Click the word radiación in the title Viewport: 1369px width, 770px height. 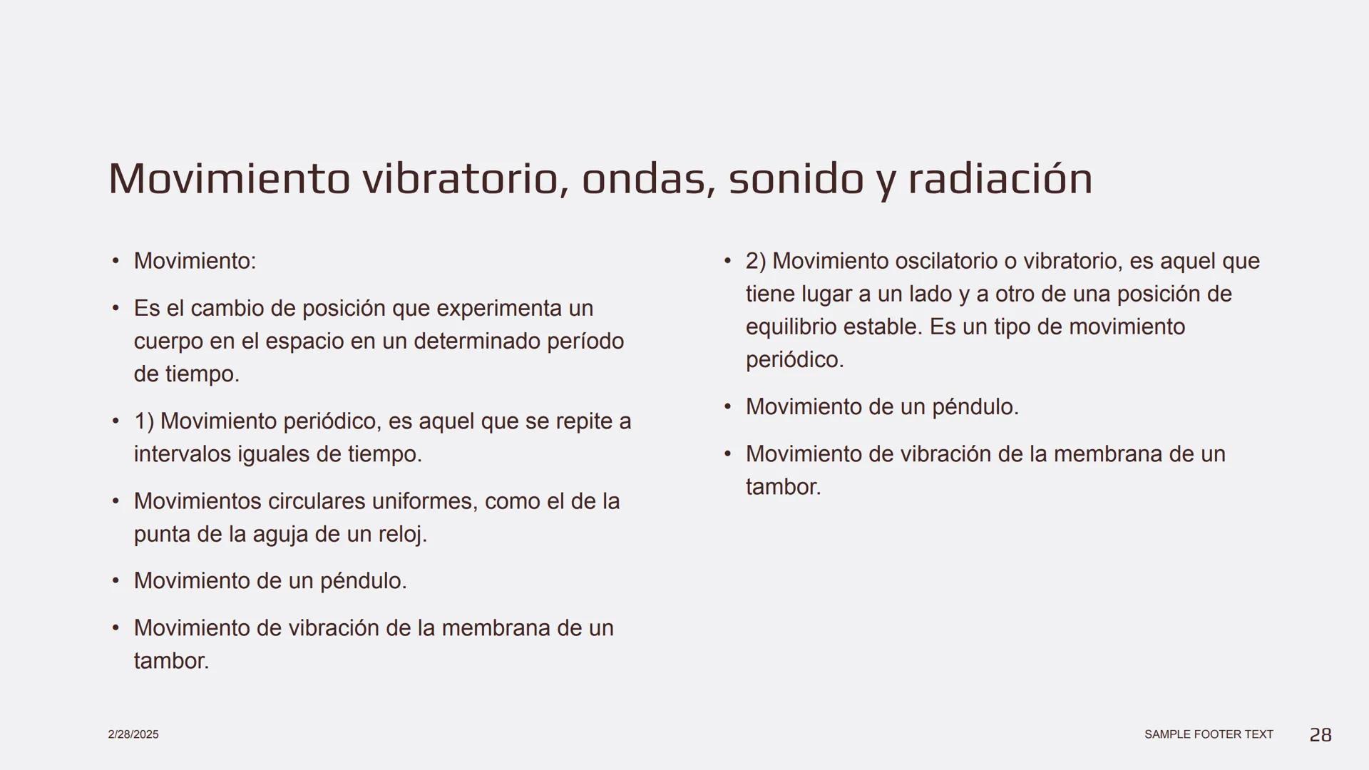click(x=1000, y=178)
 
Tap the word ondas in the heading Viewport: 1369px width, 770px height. click(x=648, y=178)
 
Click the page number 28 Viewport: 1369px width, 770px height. click(x=1321, y=734)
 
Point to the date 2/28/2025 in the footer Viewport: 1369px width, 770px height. click(x=133, y=734)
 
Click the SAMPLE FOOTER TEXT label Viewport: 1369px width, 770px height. click(x=1209, y=734)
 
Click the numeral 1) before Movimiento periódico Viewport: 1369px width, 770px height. click(x=144, y=421)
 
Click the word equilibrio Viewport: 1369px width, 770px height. click(x=791, y=327)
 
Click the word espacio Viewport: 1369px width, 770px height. click(x=308, y=342)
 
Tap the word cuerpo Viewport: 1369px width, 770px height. click(x=168, y=342)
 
